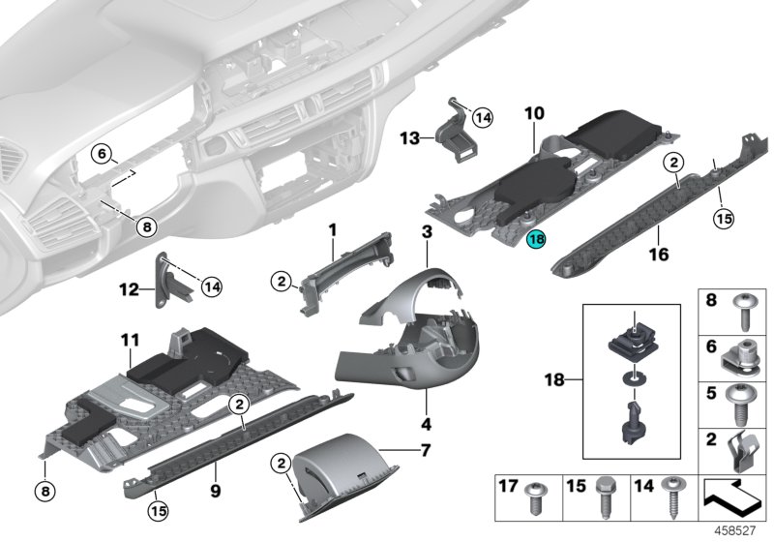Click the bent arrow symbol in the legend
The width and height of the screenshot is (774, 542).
734,498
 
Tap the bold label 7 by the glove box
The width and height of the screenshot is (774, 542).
422,451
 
